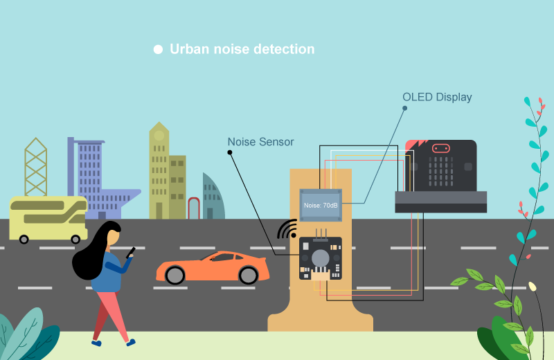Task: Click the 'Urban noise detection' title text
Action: tap(242, 49)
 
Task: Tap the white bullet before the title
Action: tap(158, 49)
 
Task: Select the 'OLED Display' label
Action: tap(437, 97)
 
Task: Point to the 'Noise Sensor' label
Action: tap(260, 142)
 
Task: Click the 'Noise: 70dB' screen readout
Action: tap(321, 206)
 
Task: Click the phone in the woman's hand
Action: tap(130, 252)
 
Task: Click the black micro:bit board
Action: tap(441, 166)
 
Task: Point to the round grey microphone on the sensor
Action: tap(321, 258)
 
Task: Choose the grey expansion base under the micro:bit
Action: tap(440, 202)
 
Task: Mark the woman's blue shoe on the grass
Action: tap(96, 342)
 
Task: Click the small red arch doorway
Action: tap(194, 208)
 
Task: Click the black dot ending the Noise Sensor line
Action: tap(229, 153)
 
